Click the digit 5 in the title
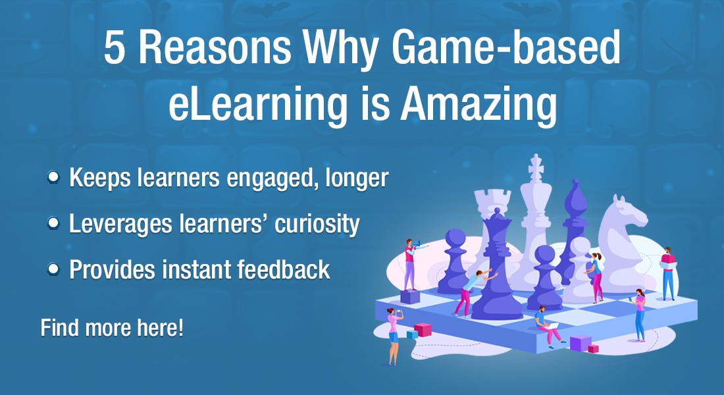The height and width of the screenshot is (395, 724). pos(115,47)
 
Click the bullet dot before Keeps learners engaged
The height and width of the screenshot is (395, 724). pos(53,177)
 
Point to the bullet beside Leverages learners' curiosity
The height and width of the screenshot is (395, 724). pos(53,223)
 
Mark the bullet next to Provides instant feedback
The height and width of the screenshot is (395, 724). pos(53,269)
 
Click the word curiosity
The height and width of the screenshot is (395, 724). pos(317,224)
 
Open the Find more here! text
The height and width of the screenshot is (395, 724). pos(112,328)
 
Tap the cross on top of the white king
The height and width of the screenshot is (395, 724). pos(536,167)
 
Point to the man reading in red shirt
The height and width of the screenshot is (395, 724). pos(667,273)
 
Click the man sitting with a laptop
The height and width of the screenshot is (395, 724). pos(548,327)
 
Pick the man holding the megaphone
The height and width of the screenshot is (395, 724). pos(411,264)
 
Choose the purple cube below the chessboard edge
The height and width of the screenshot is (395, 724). pos(581,343)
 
